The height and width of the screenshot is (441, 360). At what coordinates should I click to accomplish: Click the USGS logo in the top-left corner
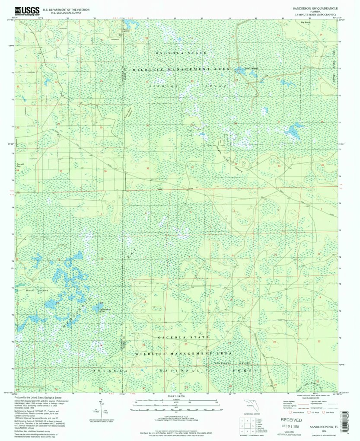(27, 11)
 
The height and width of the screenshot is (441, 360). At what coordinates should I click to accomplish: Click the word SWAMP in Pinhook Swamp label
(219, 86)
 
